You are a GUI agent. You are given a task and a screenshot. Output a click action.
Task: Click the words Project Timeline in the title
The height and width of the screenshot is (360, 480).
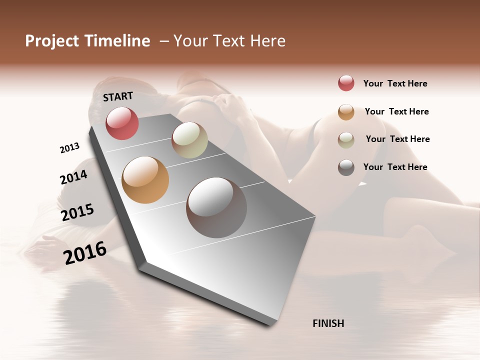(87, 41)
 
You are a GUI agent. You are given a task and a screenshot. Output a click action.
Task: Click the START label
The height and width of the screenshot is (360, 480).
(118, 96)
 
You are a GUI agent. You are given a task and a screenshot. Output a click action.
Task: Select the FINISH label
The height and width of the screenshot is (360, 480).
(328, 323)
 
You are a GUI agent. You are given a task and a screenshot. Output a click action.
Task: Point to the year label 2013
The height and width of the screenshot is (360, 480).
(69, 148)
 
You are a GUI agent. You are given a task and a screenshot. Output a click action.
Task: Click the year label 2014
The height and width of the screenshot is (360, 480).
(73, 177)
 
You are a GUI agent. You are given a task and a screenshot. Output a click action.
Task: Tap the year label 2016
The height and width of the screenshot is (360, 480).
(85, 253)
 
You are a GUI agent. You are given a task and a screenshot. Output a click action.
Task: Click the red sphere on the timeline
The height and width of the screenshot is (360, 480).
(122, 123)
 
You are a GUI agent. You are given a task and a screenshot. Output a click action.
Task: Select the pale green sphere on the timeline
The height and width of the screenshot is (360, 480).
(189, 140)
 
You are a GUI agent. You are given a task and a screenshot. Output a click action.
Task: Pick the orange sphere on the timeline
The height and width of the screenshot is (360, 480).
(145, 180)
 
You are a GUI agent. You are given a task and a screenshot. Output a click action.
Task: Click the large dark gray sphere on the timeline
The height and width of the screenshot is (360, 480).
(216, 207)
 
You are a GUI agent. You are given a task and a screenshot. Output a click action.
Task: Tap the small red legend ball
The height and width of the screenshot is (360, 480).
(346, 83)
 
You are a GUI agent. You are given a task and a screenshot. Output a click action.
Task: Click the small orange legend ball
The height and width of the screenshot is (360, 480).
(346, 111)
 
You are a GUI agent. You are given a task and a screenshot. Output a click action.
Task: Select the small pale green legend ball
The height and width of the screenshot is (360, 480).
(346, 139)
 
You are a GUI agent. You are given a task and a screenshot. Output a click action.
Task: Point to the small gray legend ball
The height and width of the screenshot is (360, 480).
(346, 167)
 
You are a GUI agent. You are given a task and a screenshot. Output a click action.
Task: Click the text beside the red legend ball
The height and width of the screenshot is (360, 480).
(395, 83)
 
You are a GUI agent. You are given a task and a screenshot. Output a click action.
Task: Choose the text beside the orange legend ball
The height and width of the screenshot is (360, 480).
(396, 111)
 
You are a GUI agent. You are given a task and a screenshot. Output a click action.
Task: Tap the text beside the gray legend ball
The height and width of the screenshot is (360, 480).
(395, 167)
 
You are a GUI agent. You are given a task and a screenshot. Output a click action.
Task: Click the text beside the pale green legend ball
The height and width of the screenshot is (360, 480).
(397, 139)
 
